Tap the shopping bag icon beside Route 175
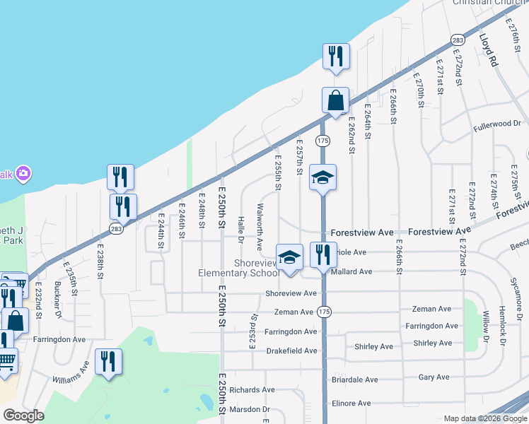pos(336,100)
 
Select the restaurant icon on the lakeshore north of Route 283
pos(336,57)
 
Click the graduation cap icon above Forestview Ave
pos(322,177)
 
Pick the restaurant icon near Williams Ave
pos(107,362)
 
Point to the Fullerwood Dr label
pos(497,124)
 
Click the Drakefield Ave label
pos(291,351)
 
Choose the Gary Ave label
pos(434,377)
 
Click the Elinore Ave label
pos(351,404)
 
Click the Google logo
pos(23,416)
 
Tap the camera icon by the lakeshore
pos(23,173)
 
